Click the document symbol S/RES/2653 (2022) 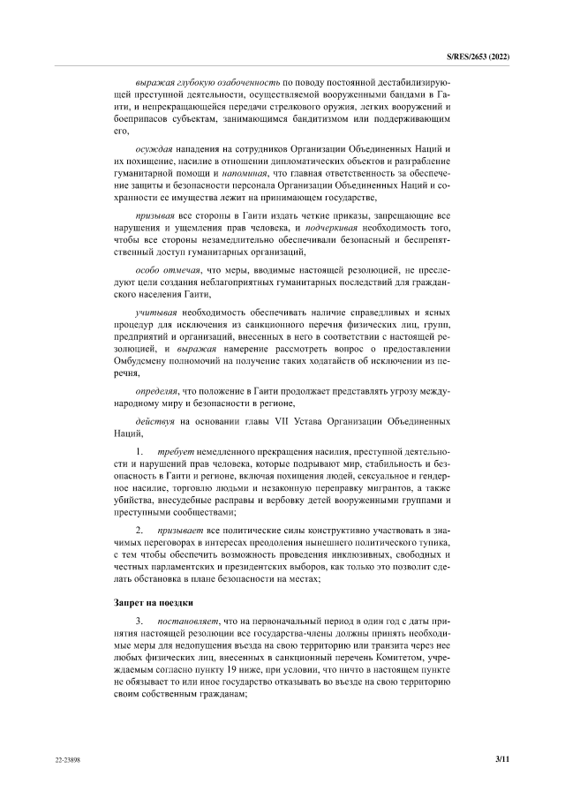click(481, 57)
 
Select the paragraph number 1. click(139, 451)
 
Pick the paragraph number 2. click(139, 531)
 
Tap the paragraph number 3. click(139, 623)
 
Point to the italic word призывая click(156, 215)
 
